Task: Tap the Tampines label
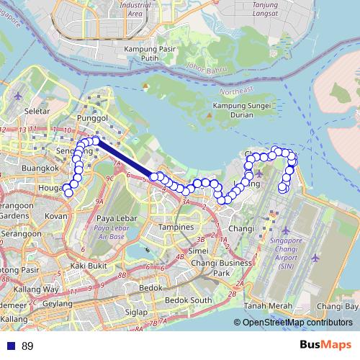(x=176, y=227)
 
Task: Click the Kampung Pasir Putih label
(x=150, y=53)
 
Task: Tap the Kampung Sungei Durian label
(x=232, y=110)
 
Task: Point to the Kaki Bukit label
(x=89, y=265)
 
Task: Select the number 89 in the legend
(x=27, y=346)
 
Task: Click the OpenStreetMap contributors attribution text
(x=297, y=323)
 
